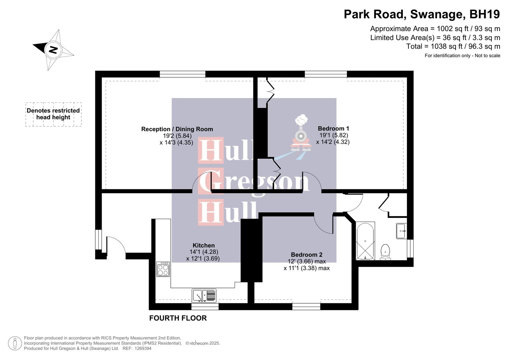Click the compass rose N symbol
click(53, 50)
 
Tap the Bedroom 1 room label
click(333, 129)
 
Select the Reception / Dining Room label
click(177, 129)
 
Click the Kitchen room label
click(203, 246)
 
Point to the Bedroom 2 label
click(306, 255)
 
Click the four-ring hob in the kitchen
click(163, 269)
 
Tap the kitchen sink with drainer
click(204, 296)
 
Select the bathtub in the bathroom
click(365, 241)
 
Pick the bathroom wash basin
click(401, 231)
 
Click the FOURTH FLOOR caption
click(178, 318)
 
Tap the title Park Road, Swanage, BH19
click(422, 14)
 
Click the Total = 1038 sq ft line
click(453, 46)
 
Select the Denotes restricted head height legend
click(53, 114)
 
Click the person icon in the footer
click(15, 343)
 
